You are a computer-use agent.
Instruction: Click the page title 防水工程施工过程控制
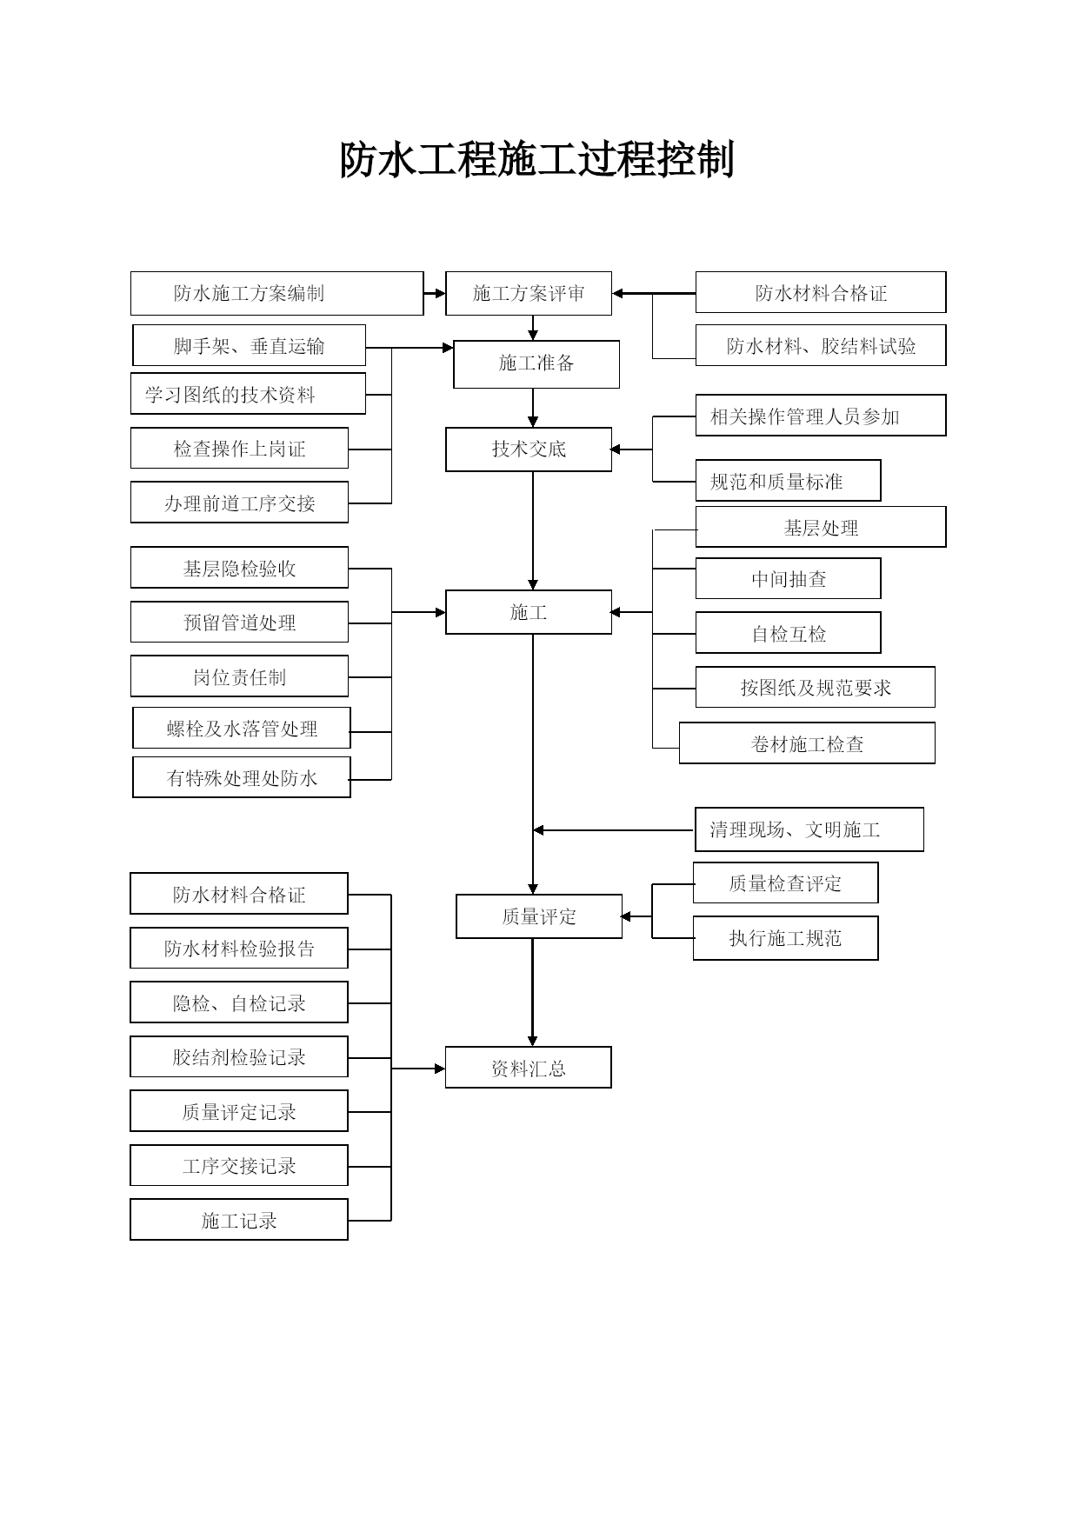pyautogui.click(x=537, y=160)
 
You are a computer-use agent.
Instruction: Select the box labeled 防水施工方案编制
pyautogui.click(x=276, y=293)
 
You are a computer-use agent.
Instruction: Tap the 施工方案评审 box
pyautogui.click(x=529, y=293)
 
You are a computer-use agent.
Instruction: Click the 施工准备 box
pyautogui.click(x=536, y=363)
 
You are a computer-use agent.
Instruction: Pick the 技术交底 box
pyautogui.click(x=529, y=449)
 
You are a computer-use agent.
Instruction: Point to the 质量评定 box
pyautogui.click(x=539, y=916)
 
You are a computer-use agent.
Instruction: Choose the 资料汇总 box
pyautogui.click(x=529, y=1068)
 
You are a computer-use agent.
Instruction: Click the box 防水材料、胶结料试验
pyautogui.click(x=821, y=345)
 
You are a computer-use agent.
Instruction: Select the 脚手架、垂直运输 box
pyautogui.click(x=249, y=345)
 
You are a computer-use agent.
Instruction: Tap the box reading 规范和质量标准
pyautogui.click(x=788, y=481)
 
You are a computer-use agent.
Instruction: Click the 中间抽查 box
pyautogui.click(x=788, y=578)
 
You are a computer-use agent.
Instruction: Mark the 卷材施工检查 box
pyautogui.click(x=807, y=743)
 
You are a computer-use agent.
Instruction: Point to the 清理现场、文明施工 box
pyautogui.click(x=809, y=829)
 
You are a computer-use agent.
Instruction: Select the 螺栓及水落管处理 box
pyautogui.click(x=242, y=728)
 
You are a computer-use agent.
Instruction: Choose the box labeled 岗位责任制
pyautogui.click(x=239, y=676)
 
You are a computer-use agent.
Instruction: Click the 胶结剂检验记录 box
pyautogui.click(x=239, y=1056)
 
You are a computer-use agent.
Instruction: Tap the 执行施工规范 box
pyautogui.click(x=785, y=938)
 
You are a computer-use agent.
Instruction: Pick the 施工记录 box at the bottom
pyautogui.click(x=239, y=1220)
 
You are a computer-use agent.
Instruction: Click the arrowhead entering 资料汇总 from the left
pyautogui.click(x=440, y=1069)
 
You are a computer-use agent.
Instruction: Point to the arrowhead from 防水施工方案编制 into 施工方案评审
pyautogui.click(x=440, y=294)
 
